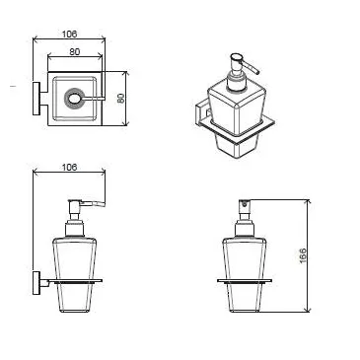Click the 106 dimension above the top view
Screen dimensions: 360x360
69,33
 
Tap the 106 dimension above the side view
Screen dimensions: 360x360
69,169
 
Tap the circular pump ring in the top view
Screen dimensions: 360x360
72,100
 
